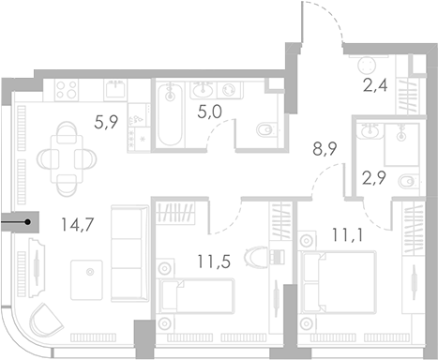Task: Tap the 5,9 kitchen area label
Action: point(104,119)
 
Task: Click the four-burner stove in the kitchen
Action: point(68,89)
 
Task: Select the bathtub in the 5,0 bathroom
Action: point(169,116)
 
